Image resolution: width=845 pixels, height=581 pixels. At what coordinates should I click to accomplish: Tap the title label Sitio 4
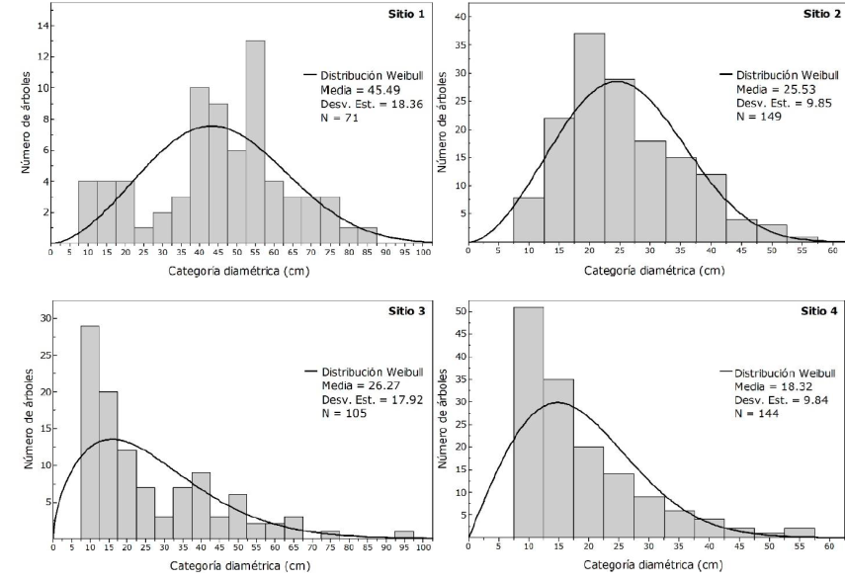pos(820,310)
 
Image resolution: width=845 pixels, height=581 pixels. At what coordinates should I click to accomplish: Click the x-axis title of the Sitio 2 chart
pos(645,267)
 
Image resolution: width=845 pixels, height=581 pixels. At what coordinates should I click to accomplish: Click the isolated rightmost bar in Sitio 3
pos(404,535)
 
